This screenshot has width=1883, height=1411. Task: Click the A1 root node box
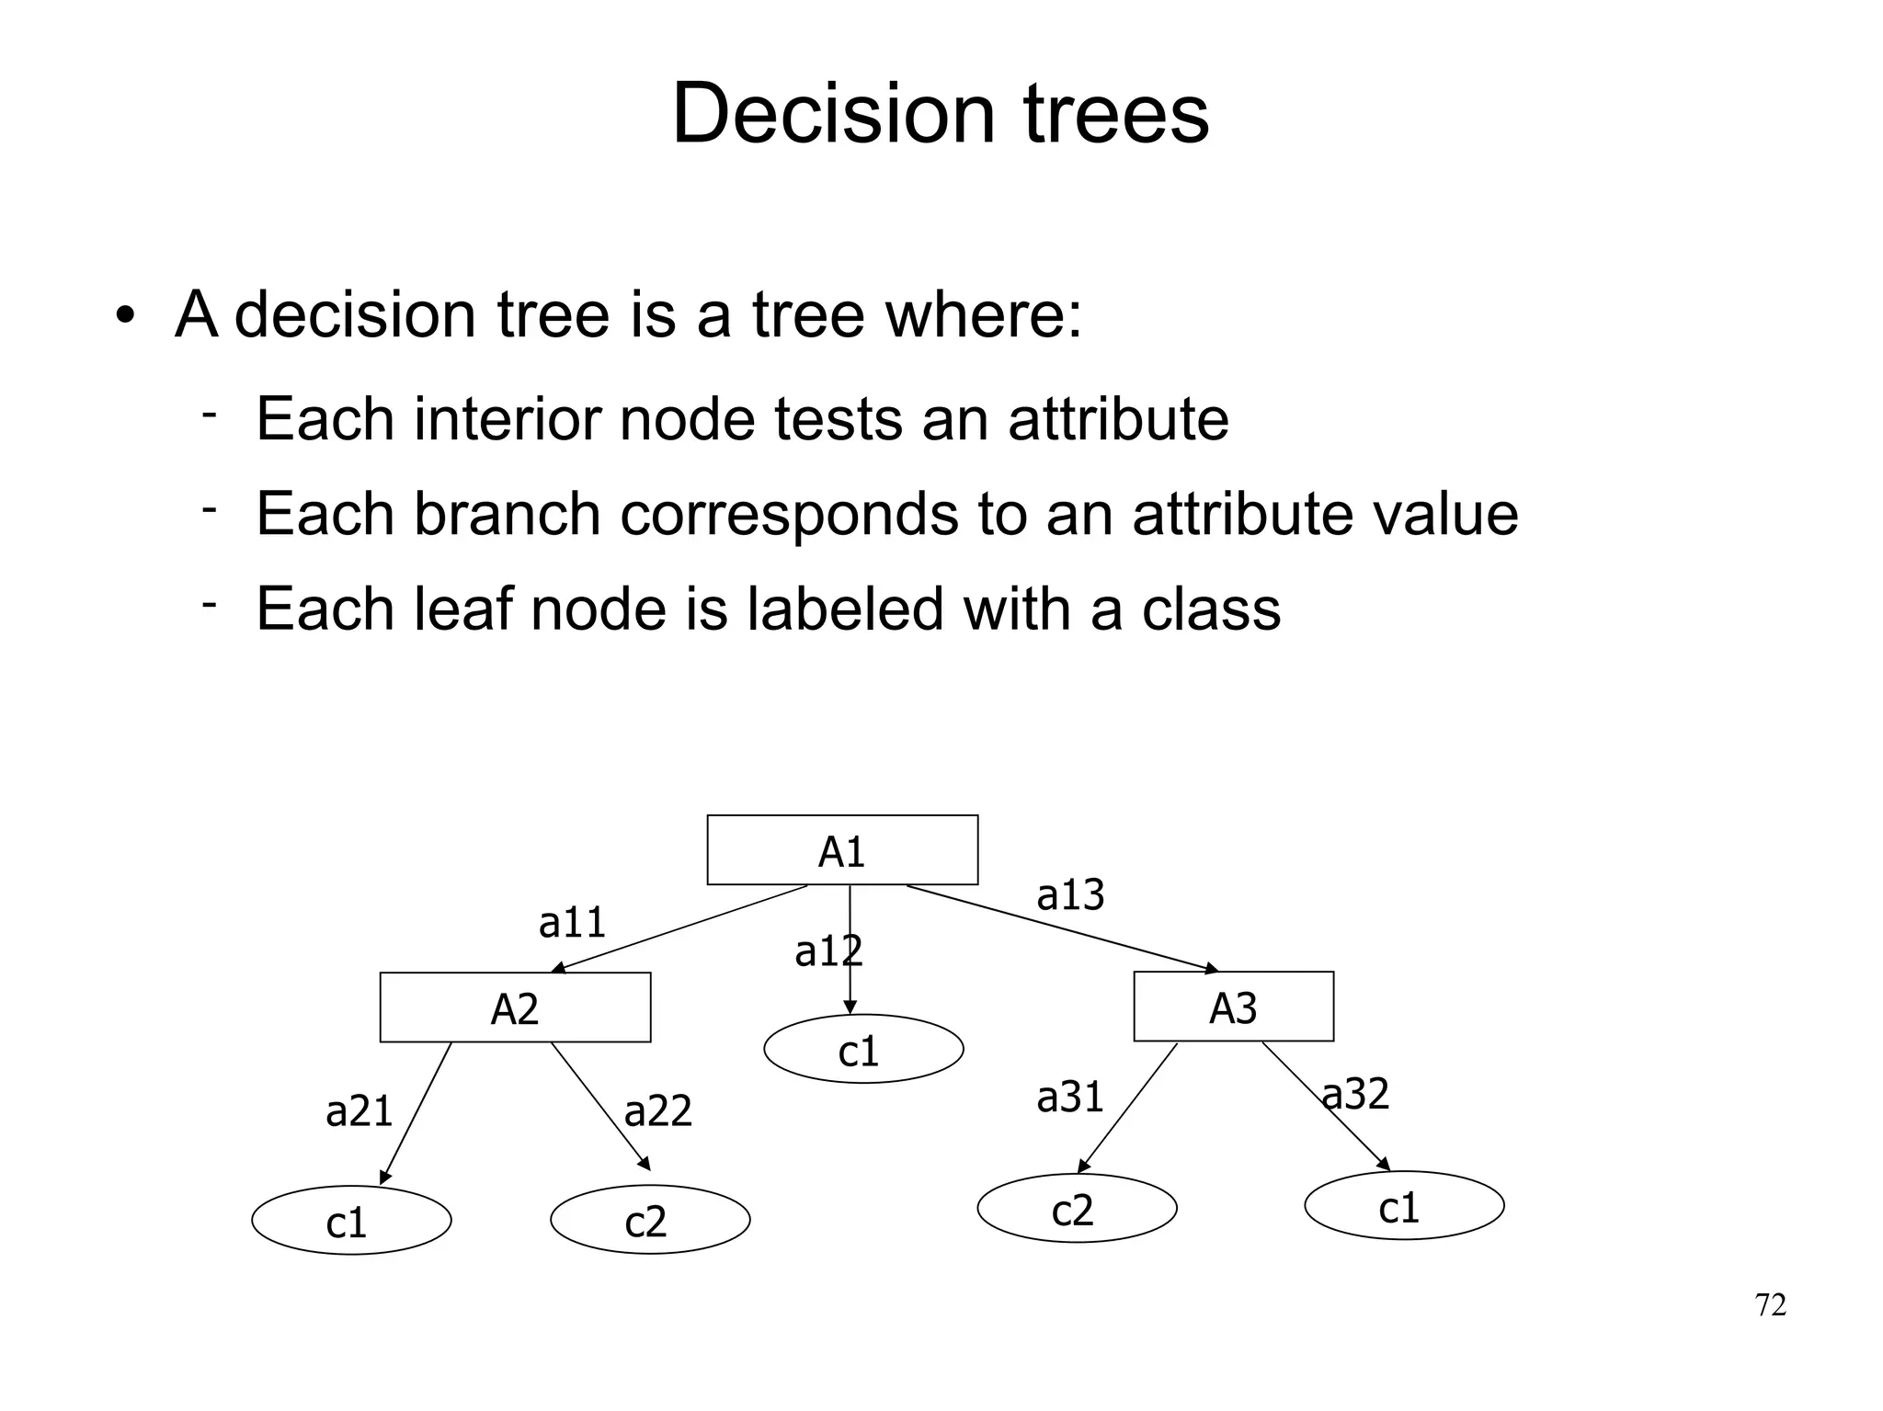pyautogui.click(x=842, y=850)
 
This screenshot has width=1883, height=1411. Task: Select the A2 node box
pyautogui.click(x=515, y=1007)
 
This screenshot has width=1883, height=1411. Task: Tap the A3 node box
pyautogui.click(x=1233, y=1007)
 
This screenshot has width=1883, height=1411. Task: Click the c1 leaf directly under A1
pyautogui.click(x=862, y=1050)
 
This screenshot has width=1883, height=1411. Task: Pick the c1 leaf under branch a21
pyautogui.click(x=351, y=1221)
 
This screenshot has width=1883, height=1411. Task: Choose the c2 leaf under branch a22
pyautogui.click(x=650, y=1221)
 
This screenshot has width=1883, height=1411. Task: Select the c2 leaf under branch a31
pyautogui.click(x=1077, y=1209)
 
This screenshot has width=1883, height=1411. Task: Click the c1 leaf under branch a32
pyautogui.click(x=1404, y=1206)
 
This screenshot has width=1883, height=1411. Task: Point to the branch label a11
pyautogui.click(x=572, y=922)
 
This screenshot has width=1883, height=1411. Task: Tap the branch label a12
pyautogui.click(x=827, y=951)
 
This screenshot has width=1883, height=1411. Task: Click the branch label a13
pyautogui.click(x=1069, y=894)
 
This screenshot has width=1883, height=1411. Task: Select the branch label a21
pyautogui.click(x=359, y=1111)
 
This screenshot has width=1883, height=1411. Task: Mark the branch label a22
pyautogui.click(x=657, y=1110)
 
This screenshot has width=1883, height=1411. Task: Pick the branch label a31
pyautogui.click(x=1069, y=1097)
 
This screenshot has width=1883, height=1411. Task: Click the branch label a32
pyautogui.click(x=1354, y=1094)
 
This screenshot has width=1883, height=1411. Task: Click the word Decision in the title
pyautogui.click(x=833, y=114)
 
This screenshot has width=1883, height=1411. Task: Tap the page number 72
pyautogui.click(x=1770, y=1305)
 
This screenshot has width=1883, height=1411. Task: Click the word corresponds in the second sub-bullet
pyautogui.click(x=789, y=514)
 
